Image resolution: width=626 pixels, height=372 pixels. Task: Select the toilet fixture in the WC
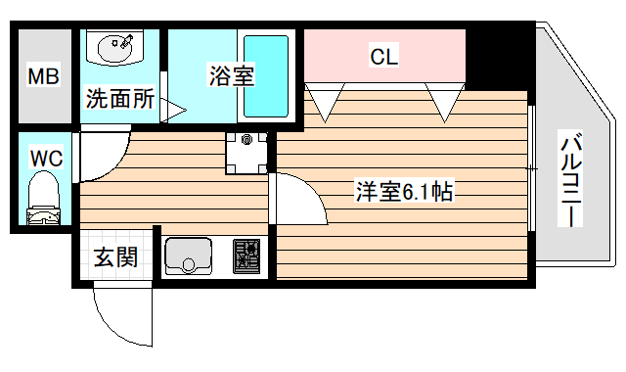point(43,198)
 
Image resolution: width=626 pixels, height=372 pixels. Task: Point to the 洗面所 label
point(120,99)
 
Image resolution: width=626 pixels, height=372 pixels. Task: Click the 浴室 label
point(232,74)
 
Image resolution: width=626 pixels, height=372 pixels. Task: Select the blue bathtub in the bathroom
point(265,76)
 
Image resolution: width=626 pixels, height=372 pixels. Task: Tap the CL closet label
point(383,58)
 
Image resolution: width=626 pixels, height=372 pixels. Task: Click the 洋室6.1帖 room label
point(402,192)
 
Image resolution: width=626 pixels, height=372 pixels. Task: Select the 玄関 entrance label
point(115,257)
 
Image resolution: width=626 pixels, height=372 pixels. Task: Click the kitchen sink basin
point(191,256)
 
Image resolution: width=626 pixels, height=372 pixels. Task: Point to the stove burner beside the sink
point(247,256)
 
